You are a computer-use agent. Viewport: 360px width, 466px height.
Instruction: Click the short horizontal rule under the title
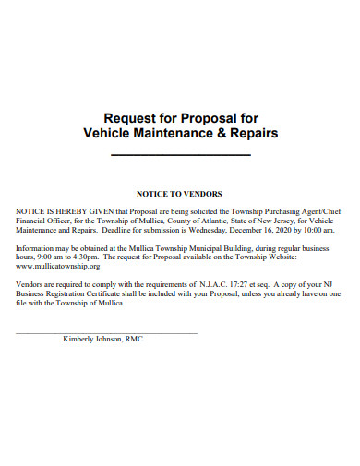pos(180,154)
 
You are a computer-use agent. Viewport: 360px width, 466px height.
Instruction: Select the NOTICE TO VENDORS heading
pos(179,194)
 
